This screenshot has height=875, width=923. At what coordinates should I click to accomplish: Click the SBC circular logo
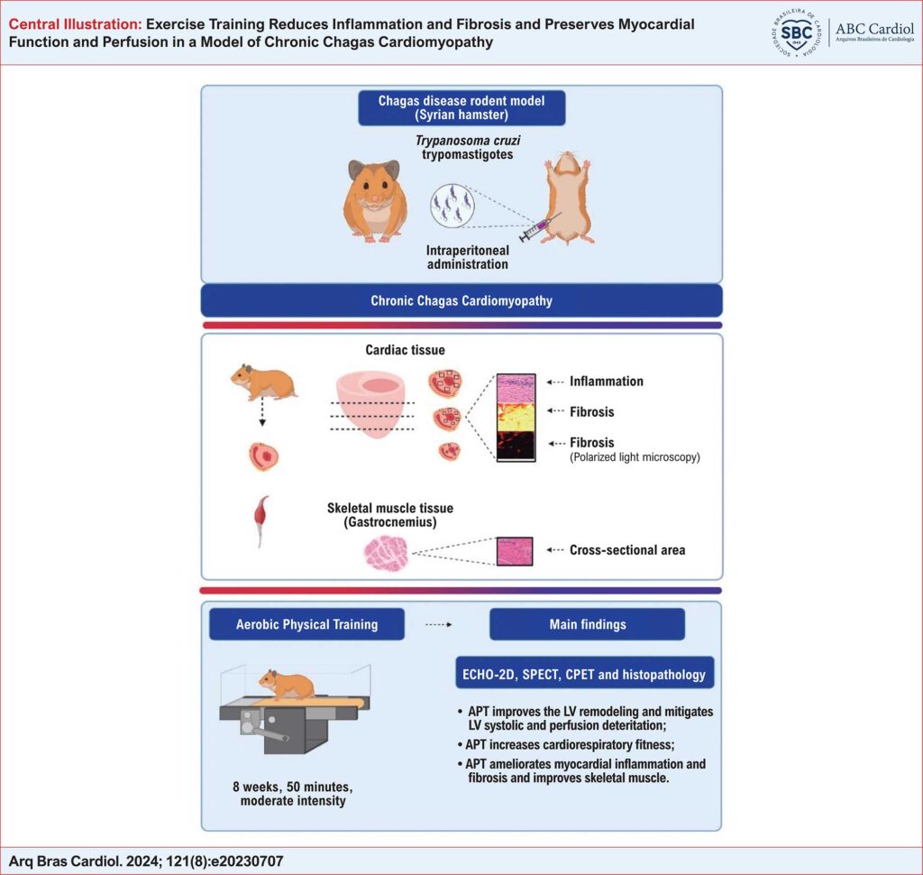click(x=797, y=32)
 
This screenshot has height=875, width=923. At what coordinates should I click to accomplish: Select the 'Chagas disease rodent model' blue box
click(x=461, y=108)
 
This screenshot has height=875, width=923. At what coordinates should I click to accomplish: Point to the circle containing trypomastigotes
click(x=452, y=206)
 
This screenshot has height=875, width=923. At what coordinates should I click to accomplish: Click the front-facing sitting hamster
click(x=375, y=201)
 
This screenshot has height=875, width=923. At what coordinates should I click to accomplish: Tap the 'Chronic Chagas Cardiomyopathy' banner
click(x=461, y=300)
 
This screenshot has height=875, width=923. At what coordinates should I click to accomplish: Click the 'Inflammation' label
click(x=607, y=382)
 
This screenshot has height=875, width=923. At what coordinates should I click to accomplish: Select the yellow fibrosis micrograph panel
click(x=516, y=417)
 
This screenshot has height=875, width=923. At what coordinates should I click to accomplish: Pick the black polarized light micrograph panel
click(x=516, y=446)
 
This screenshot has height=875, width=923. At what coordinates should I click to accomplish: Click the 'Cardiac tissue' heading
click(x=405, y=350)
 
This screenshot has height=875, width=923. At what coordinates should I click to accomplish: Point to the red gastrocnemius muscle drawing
click(x=261, y=520)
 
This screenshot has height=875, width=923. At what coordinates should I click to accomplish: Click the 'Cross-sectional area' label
click(x=627, y=549)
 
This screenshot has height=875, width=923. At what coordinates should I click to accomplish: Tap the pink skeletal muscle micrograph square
click(x=515, y=551)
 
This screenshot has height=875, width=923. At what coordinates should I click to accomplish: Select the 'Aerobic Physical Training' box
click(x=306, y=624)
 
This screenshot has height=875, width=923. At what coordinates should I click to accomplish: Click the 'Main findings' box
click(x=588, y=624)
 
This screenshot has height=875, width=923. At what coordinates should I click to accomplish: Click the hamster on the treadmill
click(x=287, y=685)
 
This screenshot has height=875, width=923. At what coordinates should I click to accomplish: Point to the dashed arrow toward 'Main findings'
click(x=439, y=624)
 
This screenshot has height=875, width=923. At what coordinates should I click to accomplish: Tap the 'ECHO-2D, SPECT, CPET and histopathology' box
click(x=584, y=673)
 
